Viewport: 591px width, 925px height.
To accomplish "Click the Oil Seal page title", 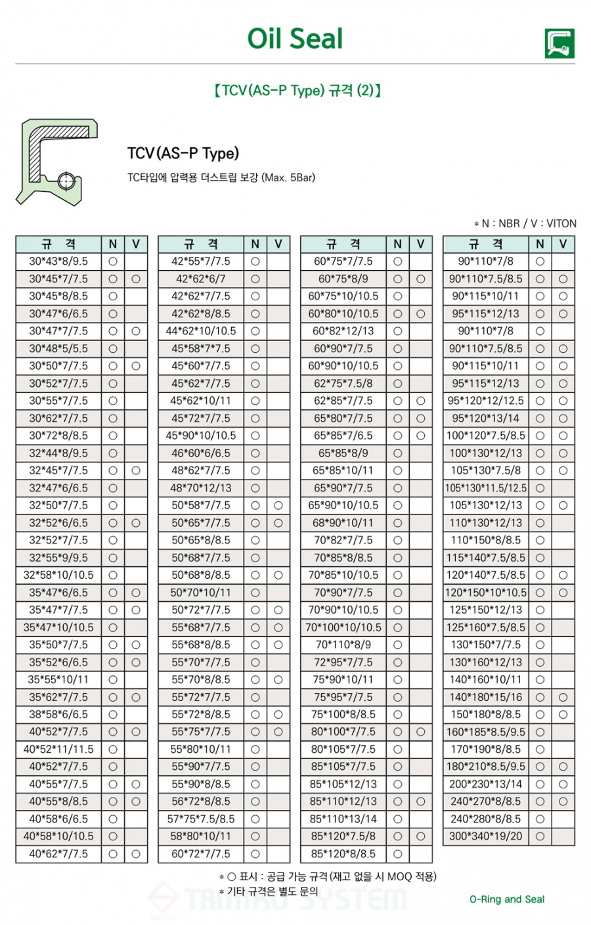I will tap(295, 39).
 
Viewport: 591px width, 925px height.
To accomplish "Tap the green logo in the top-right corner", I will tap(559, 43).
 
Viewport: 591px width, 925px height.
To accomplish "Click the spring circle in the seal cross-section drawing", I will tap(64, 180).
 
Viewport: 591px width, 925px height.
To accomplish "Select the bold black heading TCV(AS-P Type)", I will tap(183, 154).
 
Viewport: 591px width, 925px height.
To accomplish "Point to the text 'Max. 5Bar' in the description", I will tap(288, 177).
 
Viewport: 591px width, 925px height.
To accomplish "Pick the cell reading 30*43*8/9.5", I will tap(58, 261).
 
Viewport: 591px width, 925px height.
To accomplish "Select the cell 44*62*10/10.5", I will tap(201, 331).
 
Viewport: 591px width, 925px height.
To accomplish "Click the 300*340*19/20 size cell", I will tap(486, 836).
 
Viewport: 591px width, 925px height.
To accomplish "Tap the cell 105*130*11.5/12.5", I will tap(486, 488).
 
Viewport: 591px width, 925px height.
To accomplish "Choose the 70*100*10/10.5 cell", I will tap(343, 627).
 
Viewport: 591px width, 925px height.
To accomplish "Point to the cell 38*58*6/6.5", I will tap(58, 714).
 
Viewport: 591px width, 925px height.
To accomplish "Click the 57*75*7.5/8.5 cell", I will tap(201, 819).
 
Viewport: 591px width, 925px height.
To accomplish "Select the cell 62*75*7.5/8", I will tap(343, 383).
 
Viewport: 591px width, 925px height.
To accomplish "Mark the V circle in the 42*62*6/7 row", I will tap(278, 279).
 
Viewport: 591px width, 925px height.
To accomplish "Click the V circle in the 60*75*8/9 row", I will tap(421, 279).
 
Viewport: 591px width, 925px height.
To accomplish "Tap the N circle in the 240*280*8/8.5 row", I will tap(540, 819).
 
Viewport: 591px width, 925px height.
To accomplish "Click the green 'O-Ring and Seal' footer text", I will tap(507, 899).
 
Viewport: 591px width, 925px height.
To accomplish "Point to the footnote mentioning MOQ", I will tap(328, 876).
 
